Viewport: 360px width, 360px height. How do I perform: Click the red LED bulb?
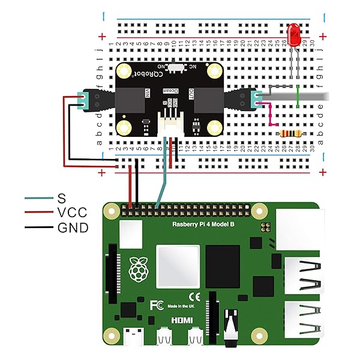point(294,35)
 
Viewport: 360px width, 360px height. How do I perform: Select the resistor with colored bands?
point(291,133)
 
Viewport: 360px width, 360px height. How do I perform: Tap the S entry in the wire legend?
point(61,198)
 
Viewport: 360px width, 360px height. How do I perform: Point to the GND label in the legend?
point(73,227)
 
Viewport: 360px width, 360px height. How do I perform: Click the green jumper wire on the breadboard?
point(298,97)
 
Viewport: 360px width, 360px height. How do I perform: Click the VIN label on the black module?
point(147,93)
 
